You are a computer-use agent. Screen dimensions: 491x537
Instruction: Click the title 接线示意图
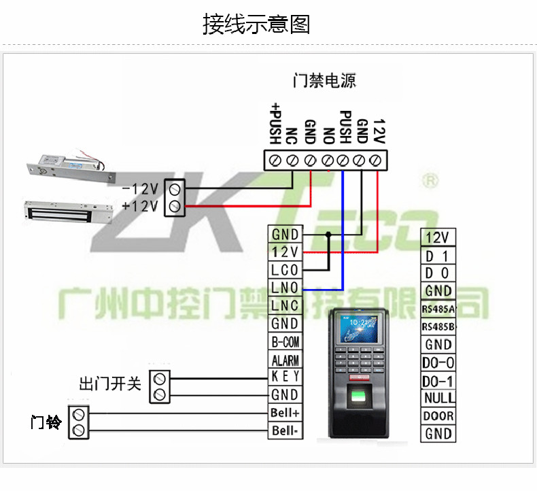(256, 24)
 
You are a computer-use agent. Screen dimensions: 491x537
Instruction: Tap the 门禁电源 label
(324, 81)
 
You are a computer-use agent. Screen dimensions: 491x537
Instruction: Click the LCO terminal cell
(285, 270)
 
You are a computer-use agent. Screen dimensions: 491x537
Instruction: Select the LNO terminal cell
(285, 288)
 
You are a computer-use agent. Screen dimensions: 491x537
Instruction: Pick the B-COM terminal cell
(285, 341)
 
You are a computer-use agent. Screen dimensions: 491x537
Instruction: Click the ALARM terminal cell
(285, 360)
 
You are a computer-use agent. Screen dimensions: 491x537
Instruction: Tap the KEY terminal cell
(285, 377)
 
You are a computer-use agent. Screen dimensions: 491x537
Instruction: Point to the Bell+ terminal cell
(285, 413)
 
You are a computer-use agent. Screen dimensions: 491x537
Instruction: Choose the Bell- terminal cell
(285, 430)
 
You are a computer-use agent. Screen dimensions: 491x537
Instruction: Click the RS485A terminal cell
(438, 309)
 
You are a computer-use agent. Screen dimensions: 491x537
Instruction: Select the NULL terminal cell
(438, 398)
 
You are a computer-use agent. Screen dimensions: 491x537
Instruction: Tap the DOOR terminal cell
(438, 416)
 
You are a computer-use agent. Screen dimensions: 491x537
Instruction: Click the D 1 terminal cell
(438, 256)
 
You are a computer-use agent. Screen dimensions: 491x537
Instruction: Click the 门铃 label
(46, 422)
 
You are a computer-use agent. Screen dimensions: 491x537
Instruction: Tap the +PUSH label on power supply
(275, 123)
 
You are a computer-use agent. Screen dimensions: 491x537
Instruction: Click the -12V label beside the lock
(140, 188)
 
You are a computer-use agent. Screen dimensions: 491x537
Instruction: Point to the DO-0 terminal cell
(438, 362)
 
